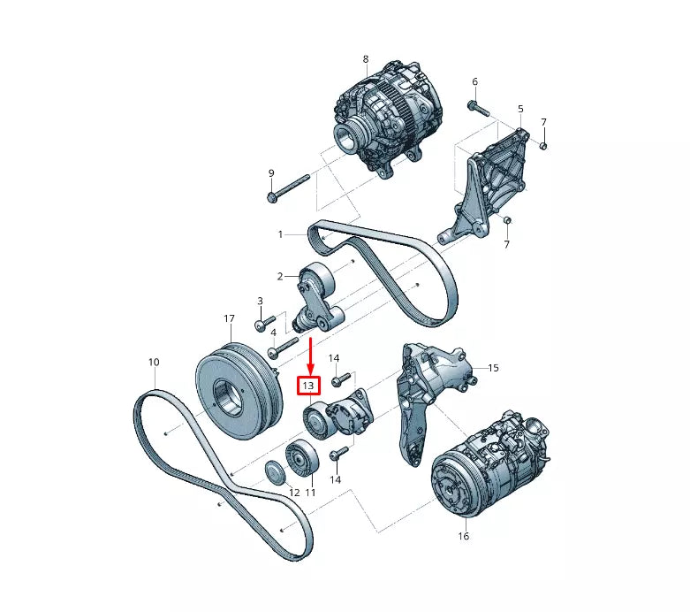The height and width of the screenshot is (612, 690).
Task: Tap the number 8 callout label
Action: (x=365, y=59)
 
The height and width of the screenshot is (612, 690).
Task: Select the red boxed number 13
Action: (x=307, y=386)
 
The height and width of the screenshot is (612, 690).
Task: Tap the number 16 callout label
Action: (x=464, y=536)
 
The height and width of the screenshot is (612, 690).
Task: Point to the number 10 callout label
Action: (x=154, y=362)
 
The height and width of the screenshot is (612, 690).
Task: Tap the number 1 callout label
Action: (x=280, y=234)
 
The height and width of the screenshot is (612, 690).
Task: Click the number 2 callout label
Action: (x=280, y=276)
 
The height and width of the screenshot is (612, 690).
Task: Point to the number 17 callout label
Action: (x=229, y=318)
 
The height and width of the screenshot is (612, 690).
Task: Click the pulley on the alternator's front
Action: (x=346, y=135)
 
